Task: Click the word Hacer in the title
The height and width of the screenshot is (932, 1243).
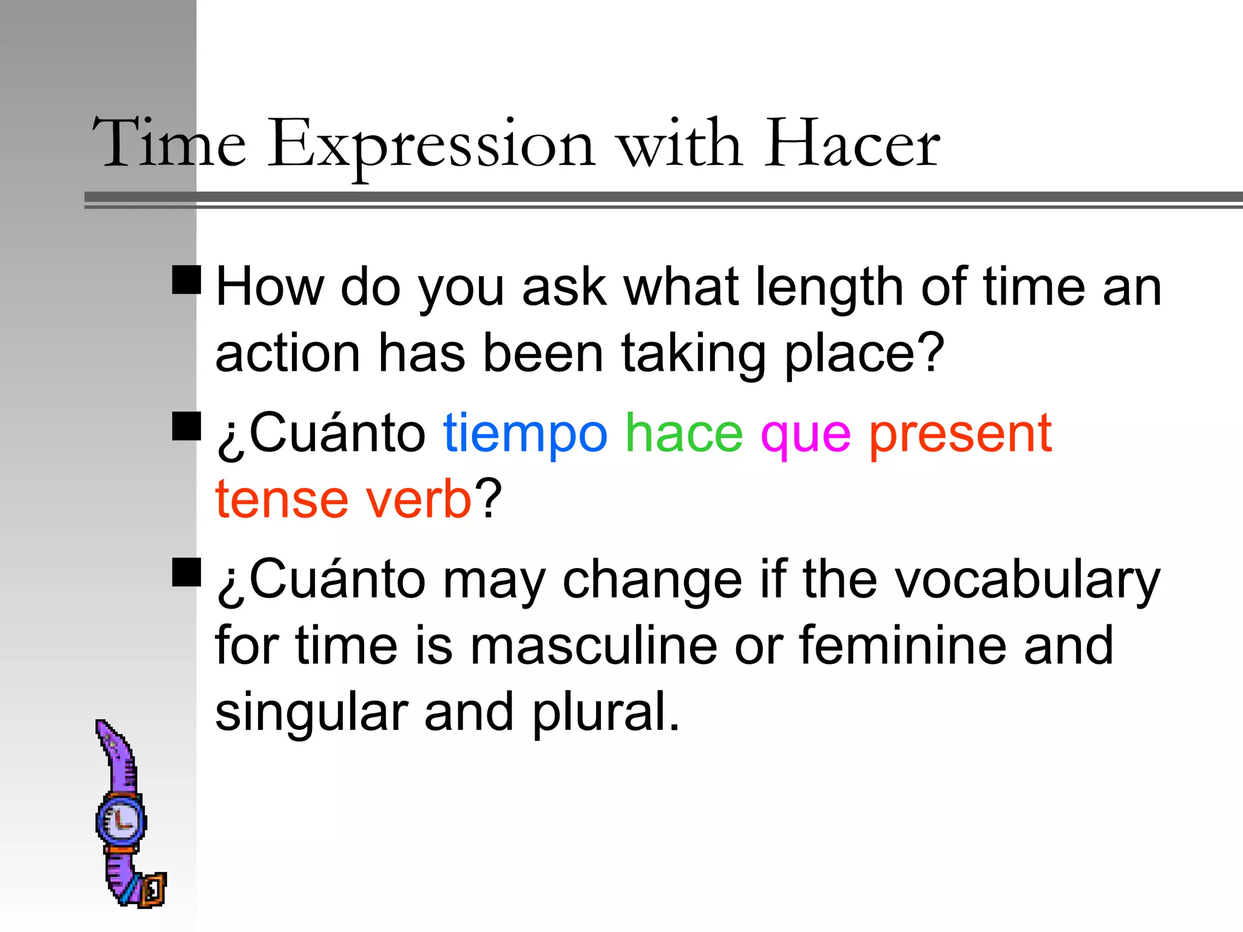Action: [852, 144]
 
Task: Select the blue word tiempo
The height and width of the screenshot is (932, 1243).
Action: [525, 434]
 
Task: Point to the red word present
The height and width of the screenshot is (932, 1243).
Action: [960, 434]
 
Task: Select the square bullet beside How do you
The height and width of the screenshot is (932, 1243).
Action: [186, 280]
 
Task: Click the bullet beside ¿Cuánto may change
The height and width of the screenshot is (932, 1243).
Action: [186, 572]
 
